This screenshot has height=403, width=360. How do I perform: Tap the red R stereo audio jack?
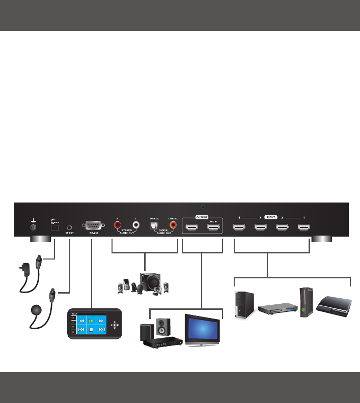click(118, 224)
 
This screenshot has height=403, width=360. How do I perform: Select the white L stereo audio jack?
click(136, 224)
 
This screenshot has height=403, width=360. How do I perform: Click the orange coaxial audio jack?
click(174, 224)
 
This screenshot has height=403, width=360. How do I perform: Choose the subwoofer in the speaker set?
click(150, 282)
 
